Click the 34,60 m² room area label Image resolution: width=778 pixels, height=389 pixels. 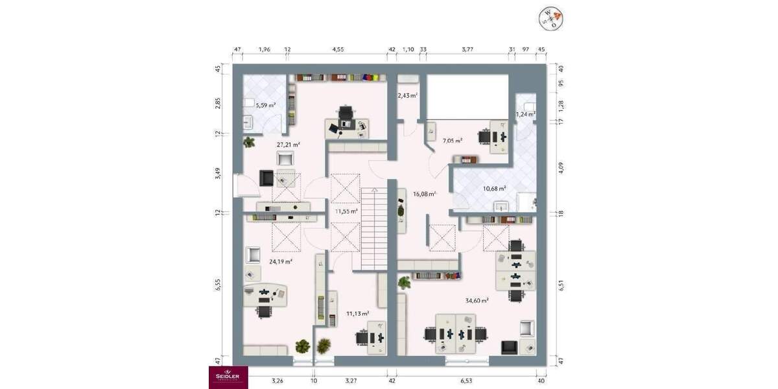pos(477,300)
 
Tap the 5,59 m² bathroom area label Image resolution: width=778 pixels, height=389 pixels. pos(265,105)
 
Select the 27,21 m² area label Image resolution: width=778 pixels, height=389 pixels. pos(288,145)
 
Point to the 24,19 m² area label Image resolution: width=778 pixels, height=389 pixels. pos(281,261)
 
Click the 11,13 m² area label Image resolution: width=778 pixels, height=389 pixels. pos(357,313)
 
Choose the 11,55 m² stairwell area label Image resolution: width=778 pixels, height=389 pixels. pos(346,211)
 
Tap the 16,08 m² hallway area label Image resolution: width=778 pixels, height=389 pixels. pos(424,193)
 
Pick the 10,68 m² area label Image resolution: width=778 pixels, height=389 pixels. pos(494,189)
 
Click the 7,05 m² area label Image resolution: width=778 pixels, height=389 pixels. pos(452,140)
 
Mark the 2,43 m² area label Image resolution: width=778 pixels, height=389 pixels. pos(407,95)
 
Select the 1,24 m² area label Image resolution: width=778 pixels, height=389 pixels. pos(525,114)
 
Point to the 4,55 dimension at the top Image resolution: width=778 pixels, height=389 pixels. pos(338,49)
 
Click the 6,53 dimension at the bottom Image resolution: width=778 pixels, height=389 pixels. pos(467,381)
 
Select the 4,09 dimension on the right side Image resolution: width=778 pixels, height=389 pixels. pos(561,167)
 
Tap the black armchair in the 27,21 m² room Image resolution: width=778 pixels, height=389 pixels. pos(266,178)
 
